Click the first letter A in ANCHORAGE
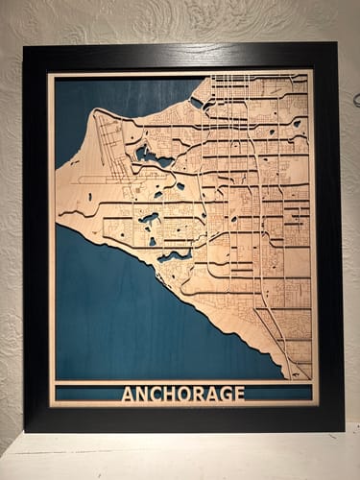point(128,394)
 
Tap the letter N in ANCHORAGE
point(142,394)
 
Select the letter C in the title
point(156,394)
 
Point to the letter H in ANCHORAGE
point(171,394)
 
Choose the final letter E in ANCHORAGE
point(239,394)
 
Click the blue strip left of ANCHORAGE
point(86,394)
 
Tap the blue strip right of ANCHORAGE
point(278,394)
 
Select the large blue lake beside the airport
point(151,155)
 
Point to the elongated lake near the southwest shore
point(174,256)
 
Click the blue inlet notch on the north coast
point(197,101)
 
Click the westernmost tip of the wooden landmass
point(58,215)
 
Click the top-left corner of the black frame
point(24,46)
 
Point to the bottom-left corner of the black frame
point(25,431)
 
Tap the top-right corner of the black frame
point(337,43)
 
